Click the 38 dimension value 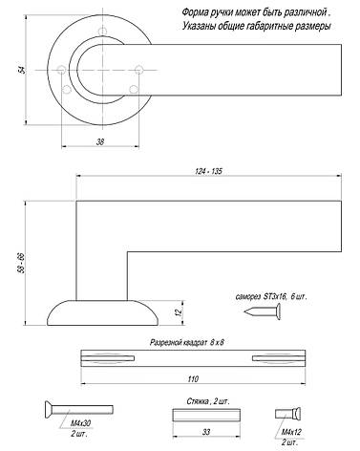[x=100, y=141]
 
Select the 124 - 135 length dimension [x=208, y=171]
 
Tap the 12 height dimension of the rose [x=179, y=312]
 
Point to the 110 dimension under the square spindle [x=193, y=379]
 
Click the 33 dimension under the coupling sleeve [x=206, y=432]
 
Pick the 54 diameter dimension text [x=22, y=70]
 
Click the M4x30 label [x=80, y=423]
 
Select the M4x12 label [x=291, y=432]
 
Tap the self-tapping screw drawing [x=263, y=311]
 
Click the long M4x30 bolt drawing [x=78, y=409]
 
